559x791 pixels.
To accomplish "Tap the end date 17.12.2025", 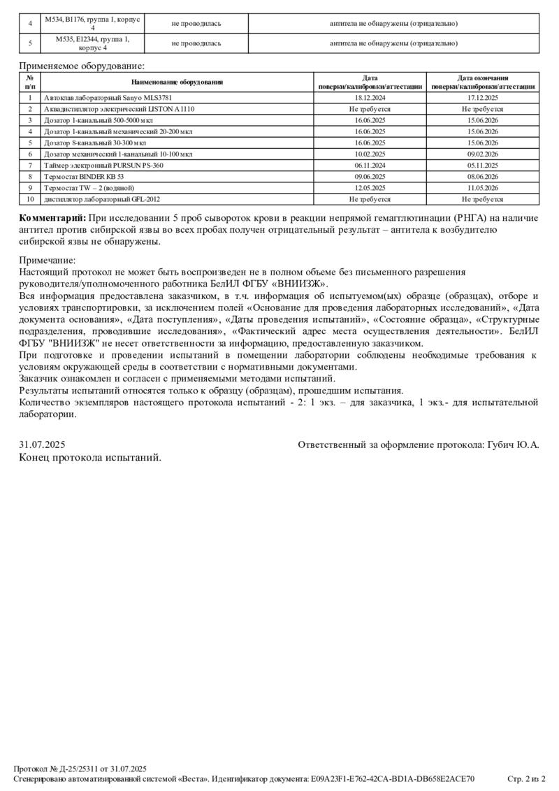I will tap(483, 98).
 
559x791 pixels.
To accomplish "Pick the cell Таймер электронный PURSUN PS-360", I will tap(103, 166).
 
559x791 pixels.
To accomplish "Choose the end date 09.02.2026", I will tap(483, 154).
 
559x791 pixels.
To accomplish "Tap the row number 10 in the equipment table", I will tap(30, 199).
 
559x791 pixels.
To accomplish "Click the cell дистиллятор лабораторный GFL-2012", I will tap(96, 199).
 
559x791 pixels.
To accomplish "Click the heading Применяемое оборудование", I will tap(82, 66).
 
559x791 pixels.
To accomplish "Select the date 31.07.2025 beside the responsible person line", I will tap(42, 444).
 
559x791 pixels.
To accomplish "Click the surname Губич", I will tap(501, 444).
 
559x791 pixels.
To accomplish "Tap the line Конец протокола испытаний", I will tap(90, 458).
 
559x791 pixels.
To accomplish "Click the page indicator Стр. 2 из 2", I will tap(525, 778).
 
